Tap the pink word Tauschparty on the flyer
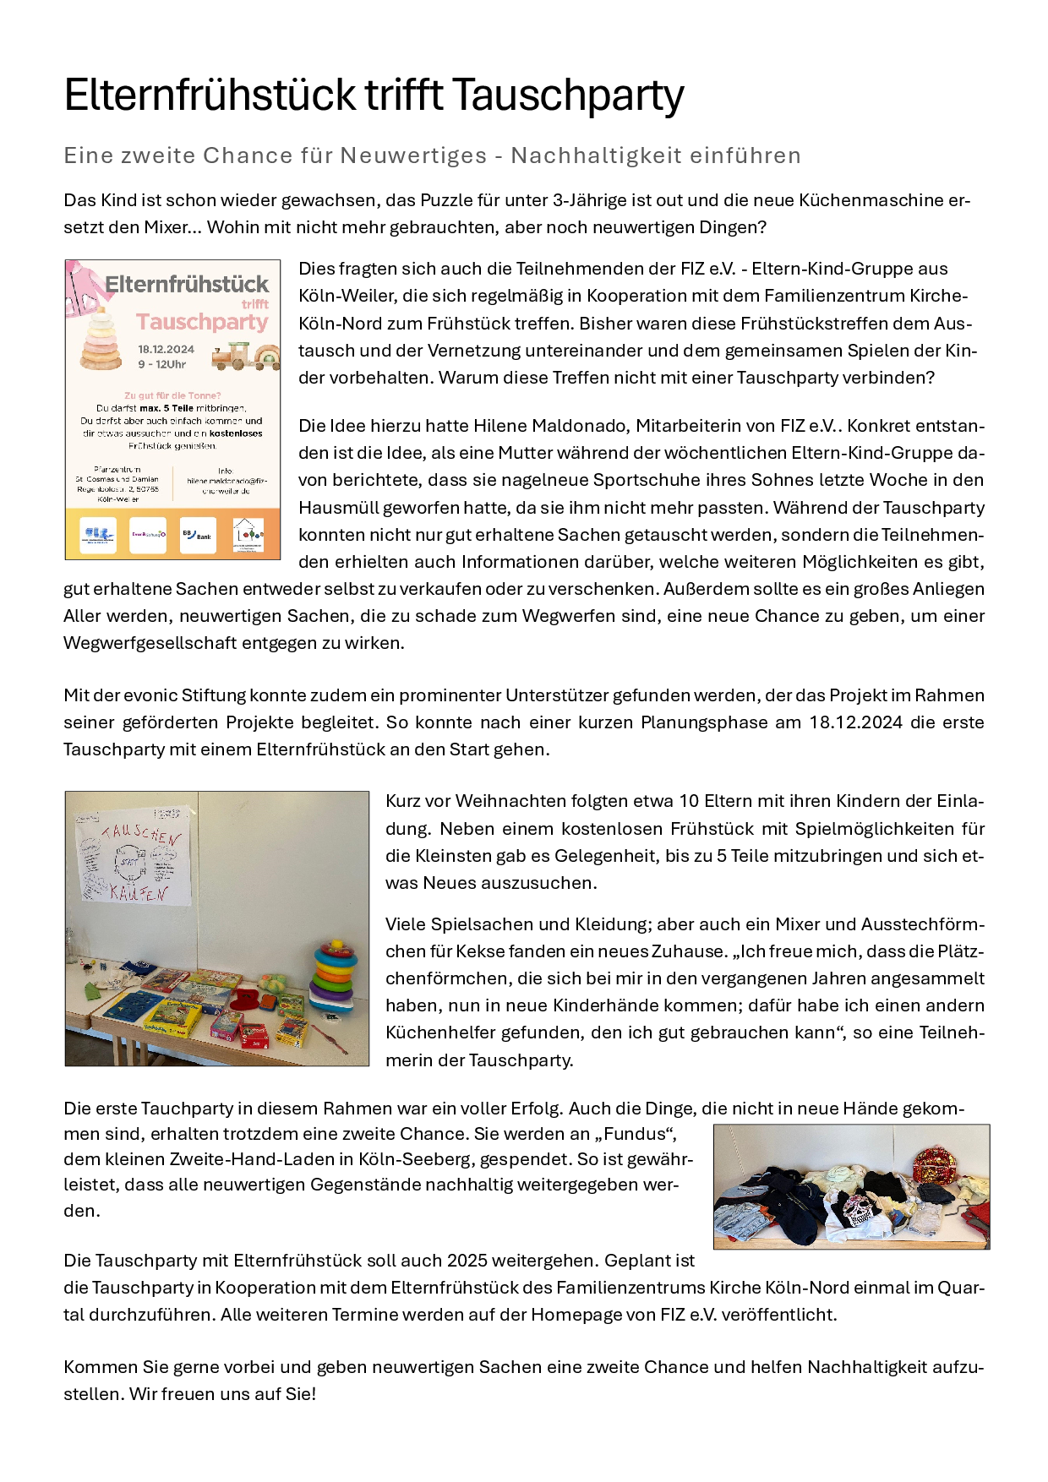(202, 322)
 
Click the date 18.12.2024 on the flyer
(166, 349)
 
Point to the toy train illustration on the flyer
(244, 357)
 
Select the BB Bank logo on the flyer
(198, 535)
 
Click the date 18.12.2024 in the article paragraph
(854, 722)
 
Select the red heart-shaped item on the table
(252, 1000)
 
